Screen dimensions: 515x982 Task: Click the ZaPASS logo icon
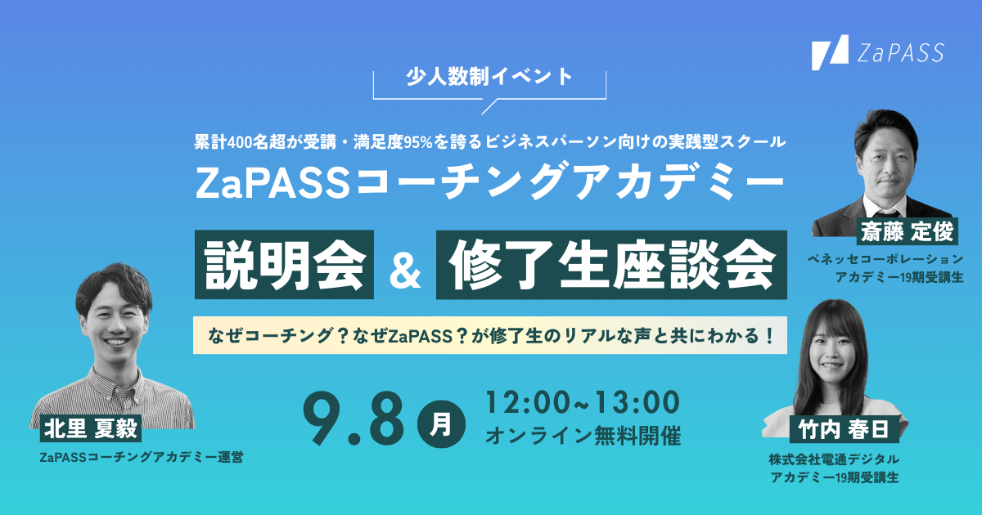(x=829, y=53)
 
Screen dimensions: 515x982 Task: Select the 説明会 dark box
(x=285, y=263)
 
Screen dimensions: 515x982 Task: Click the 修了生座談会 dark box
(x=611, y=263)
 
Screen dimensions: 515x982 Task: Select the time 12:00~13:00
(x=582, y=402)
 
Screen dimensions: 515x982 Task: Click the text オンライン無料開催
(x=583, y=436)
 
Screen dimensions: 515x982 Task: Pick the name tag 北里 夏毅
(x=92, y=428)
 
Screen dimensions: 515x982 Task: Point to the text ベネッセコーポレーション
(x=885, y=259)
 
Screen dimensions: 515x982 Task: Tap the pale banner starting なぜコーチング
(x=489, y=335)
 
